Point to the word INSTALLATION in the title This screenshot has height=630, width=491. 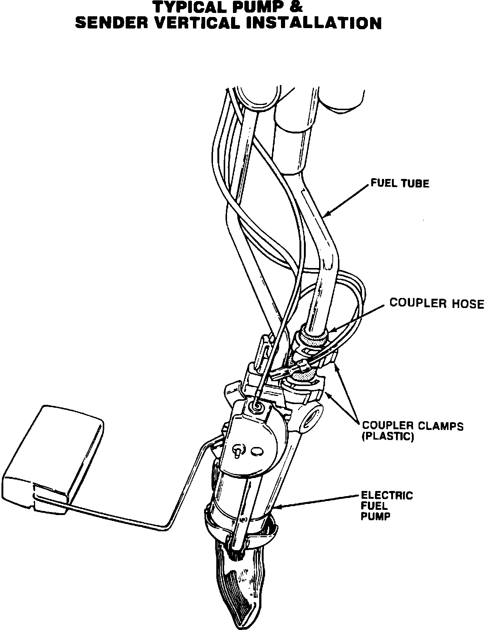pyautogui.click(x=314, y=23)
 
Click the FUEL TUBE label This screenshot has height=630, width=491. pyautogui.click(x=400, y=183)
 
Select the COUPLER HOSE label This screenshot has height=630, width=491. pyautogui.click(x=437, y=304)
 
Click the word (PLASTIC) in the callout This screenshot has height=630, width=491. pyautogui.click(x=387, y=437)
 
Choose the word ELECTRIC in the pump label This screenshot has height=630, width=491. pyautogui.click(x=387, y=495)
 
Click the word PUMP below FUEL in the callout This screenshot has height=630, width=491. pyautogui.click(x=375, y=516)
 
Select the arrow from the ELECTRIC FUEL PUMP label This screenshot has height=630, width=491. pyautogui.click(x=318, y=501)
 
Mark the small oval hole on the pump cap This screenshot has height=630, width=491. pyautogui.click(x=257, y=451)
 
